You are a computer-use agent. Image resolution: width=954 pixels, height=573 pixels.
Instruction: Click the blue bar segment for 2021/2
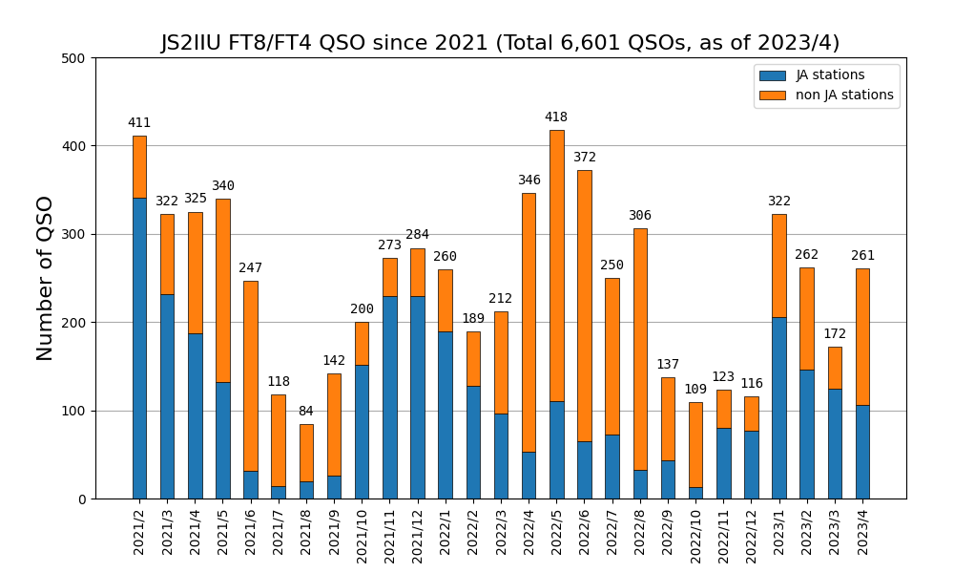(139, 413)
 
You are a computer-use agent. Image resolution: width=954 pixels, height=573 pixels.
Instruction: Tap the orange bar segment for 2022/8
(640, 349)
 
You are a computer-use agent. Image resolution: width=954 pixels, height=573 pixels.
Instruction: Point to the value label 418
(556, 117)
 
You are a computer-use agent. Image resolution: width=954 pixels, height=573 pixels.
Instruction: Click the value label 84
(306, 412)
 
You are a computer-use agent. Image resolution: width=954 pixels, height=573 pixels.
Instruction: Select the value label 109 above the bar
(695, 390)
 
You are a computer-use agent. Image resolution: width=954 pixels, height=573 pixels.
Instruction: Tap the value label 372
(585, 158)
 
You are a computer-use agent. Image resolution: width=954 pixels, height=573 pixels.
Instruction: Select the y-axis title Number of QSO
(46, 278)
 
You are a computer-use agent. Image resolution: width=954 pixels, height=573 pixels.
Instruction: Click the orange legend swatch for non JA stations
(773, 95)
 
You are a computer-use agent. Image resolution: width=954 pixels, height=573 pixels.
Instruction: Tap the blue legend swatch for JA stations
(773, 75)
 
